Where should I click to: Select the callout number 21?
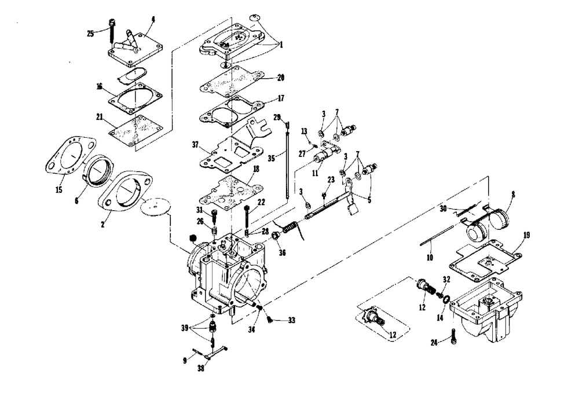pos(100,117)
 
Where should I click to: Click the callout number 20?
pos(280,76)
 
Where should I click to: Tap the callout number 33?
pos(291,319)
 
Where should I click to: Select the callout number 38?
pos(201,368)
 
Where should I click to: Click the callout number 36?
pos(282,252)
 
